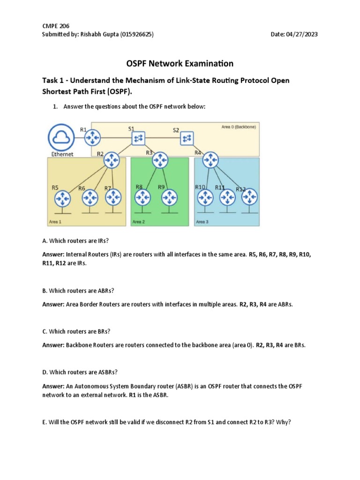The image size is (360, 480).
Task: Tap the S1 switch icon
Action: click(x=139, y=138)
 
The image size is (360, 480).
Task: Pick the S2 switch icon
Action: click(x=187, y=138)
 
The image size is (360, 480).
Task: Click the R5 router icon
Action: click(x=61, y=199)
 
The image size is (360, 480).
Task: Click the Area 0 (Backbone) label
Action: click(x=239, y=127)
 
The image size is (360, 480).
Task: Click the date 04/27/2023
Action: click(x=305, y=34)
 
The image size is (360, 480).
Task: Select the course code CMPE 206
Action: click(x=56, y=26)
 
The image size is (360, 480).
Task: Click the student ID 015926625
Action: click(x=136, y=34)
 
